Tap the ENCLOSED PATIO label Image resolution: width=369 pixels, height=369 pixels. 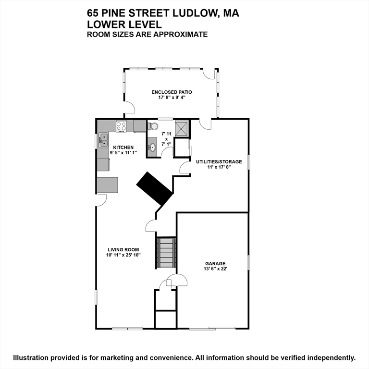(172, 92)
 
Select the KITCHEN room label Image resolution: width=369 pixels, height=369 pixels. (123, 148)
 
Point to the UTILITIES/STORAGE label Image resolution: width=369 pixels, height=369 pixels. (219, 162)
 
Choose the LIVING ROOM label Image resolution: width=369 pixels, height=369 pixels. (123, 249)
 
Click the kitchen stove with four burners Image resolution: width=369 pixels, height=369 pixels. (121, 126)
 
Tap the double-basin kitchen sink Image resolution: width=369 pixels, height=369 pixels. (104, 140)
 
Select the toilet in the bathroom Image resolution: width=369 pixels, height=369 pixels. (153, 126)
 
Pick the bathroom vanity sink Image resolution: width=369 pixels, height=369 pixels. (152, 147)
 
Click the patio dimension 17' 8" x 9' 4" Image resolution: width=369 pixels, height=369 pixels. (172, 98)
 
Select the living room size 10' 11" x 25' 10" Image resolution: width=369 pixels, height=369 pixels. (123, 255)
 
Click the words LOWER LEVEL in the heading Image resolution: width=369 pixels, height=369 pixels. (124, 24)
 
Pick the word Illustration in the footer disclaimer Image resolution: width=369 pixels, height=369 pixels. (31, 357)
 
